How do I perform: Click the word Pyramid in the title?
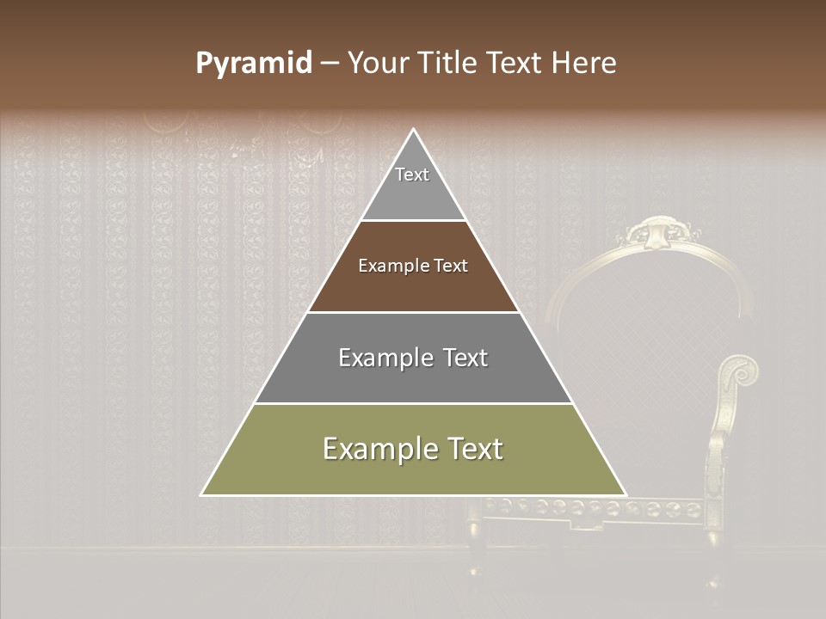(254, 64)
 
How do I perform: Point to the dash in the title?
(330, 64)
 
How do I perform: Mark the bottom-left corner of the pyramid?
(202, 494)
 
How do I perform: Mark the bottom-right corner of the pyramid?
(626, 494)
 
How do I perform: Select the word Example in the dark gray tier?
(385, 358)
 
